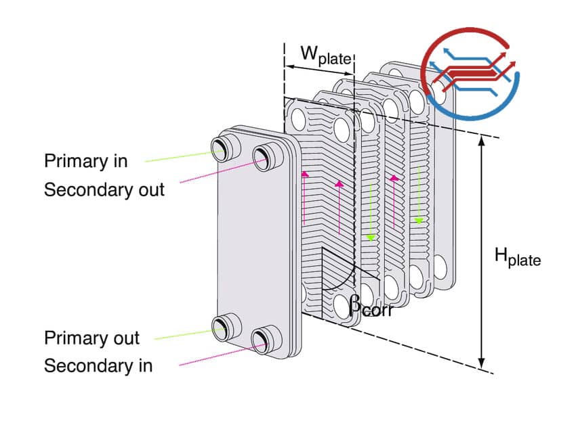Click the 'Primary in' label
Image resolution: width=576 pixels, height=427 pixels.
85,161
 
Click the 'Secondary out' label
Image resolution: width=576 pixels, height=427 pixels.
104,189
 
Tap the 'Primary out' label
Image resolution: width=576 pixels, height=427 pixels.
91,338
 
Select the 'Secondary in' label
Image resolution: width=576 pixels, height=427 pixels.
98,366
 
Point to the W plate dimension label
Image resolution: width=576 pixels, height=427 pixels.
326,55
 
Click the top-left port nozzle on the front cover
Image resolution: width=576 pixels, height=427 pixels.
222,148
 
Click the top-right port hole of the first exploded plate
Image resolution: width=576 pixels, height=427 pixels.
342,129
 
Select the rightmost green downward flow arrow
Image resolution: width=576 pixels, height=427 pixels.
419,196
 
